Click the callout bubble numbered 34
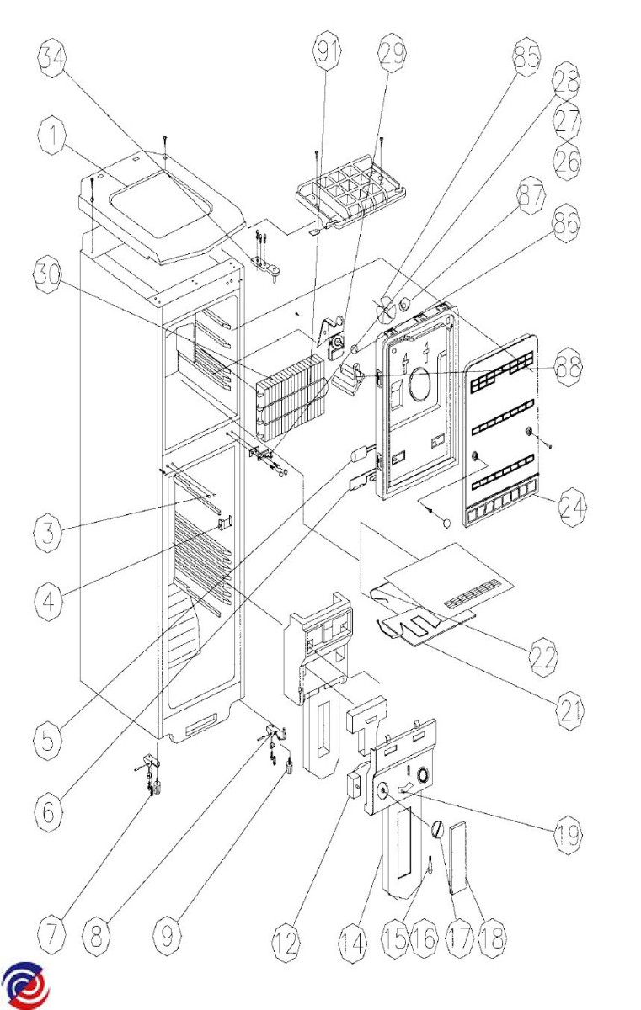51,58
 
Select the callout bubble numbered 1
52,136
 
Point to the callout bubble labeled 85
526,57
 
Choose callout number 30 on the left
48,274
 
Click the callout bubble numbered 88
568,368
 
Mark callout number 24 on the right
572,508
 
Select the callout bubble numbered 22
543,658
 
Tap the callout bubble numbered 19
568,834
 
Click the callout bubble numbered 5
48,741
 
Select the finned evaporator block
290,396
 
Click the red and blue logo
25,986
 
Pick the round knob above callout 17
437,830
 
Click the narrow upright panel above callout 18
458,858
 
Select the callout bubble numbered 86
568,222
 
